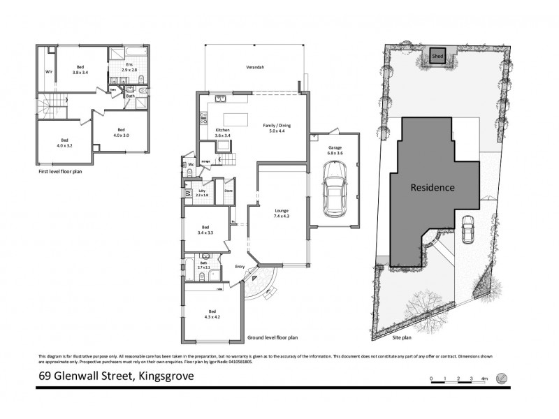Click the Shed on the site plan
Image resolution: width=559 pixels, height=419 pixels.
(x=438, y=55)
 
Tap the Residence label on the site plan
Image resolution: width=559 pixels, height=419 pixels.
(x=432, y=187)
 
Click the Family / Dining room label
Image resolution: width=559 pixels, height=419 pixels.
(x=276, y=127)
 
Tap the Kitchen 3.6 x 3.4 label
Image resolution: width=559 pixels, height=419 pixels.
(x=222, y=132)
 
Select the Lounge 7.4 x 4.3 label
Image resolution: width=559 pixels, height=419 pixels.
(x=282, y=213)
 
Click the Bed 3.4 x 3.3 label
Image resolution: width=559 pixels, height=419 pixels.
(x=205, y=230)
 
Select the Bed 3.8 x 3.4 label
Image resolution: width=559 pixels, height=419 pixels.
(x=80, y=69)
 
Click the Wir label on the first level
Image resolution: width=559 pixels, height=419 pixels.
(x=49, y=71)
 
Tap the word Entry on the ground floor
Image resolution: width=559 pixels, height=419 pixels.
(x=240, y=266)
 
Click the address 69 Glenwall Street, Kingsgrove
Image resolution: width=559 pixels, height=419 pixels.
(x=116, y=378)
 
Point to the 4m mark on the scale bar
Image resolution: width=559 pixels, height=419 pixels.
(x=484, y=378)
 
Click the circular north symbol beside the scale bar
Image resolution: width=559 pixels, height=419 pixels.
(x=501, y=378)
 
